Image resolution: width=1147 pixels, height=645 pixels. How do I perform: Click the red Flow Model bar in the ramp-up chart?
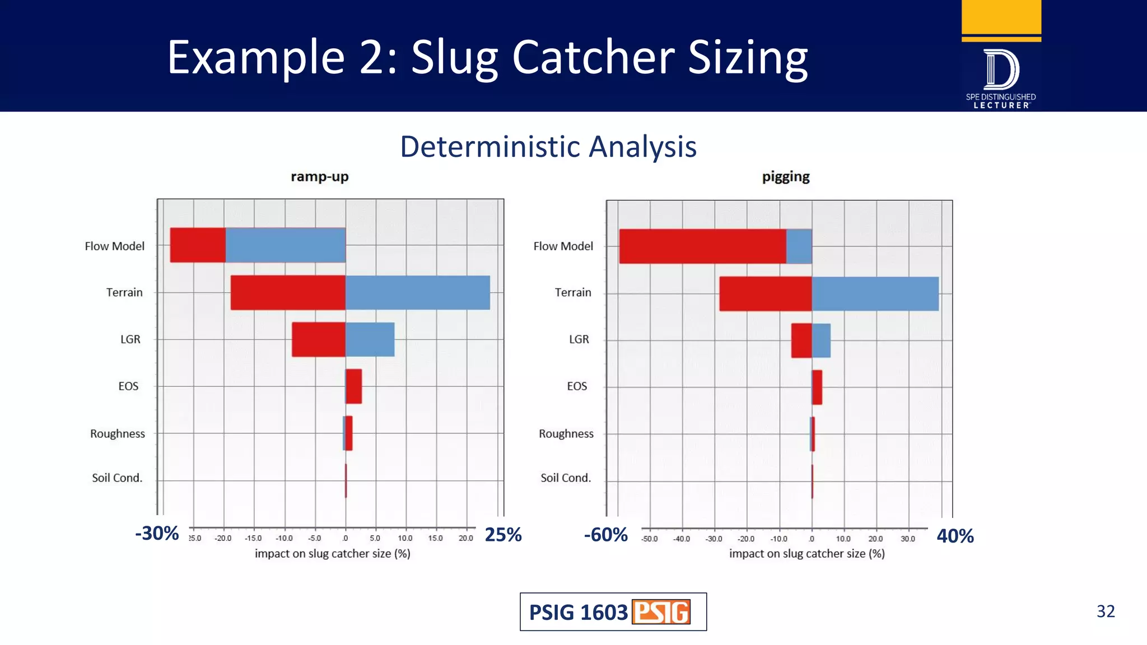point(198,245)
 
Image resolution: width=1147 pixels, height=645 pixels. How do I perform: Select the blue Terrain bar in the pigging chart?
point(875,294)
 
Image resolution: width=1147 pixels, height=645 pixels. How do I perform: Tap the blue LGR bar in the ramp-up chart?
point(370,339)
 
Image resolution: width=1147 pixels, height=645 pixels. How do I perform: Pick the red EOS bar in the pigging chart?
point(817,387)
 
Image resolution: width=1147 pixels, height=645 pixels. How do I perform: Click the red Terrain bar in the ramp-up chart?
point(288,292)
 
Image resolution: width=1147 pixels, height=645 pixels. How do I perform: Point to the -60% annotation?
point(605,535)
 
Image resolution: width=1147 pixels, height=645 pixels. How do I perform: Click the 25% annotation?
point(503,535)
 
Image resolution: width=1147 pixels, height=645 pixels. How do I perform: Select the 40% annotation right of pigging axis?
point(955,536)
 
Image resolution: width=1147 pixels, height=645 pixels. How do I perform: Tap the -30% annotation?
point(157,533)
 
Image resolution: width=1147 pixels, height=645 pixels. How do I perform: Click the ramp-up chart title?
point(319,177)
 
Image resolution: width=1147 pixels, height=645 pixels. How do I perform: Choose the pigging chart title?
point(786,177)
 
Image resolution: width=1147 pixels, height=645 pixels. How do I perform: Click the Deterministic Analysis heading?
point(548,147)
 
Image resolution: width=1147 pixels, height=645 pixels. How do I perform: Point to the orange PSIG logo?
point(661,612)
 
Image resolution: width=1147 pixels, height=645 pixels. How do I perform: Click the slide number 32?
point(1105,611)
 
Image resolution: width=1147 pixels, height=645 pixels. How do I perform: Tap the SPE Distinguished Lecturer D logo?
point(1001,70)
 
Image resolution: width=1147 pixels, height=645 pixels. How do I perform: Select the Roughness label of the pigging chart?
point(566,434)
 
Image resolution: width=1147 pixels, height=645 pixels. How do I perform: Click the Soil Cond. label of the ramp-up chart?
point(117,478)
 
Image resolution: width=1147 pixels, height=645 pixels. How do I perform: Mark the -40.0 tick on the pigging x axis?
point(682,539)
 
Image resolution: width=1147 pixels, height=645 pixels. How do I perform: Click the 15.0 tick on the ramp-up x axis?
point(435,538)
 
